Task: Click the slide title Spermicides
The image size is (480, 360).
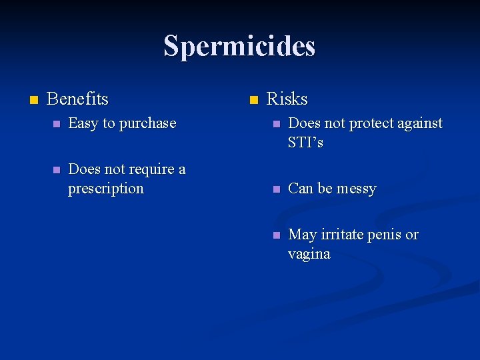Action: click(239, 46)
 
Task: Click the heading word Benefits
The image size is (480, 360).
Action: click(77, 99)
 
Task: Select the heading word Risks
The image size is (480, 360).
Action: click(287, 99)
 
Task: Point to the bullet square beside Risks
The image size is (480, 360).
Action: click(253, 101)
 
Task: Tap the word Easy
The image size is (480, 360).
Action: click(83, 123)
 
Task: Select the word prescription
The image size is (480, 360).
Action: click(105, 189)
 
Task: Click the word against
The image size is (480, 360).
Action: click(419, 123)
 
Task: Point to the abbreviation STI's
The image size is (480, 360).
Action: click(305, 142)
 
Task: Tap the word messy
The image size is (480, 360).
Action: click(357, 189)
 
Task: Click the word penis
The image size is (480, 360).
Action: click(387, 235)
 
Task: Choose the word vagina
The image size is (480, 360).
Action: click(309, 254)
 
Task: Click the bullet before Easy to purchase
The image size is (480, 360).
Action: click(57, 125)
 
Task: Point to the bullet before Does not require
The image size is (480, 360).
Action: click(57, 171)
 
